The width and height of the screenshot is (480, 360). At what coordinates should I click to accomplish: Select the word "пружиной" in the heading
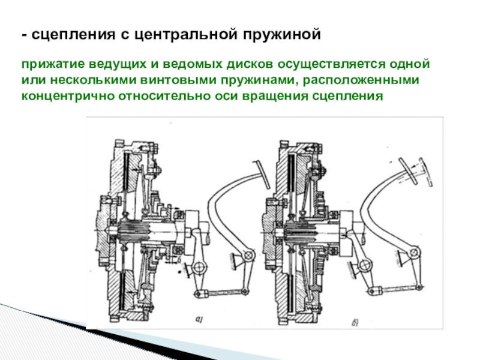(282, 35)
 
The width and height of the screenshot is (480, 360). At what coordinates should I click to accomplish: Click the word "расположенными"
(361, 80)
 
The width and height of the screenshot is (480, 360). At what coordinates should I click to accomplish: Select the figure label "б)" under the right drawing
(355, 322)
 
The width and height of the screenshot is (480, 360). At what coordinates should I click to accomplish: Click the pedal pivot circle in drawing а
(250, 254)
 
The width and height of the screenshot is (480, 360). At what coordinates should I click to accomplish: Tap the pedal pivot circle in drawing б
(415, 253)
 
